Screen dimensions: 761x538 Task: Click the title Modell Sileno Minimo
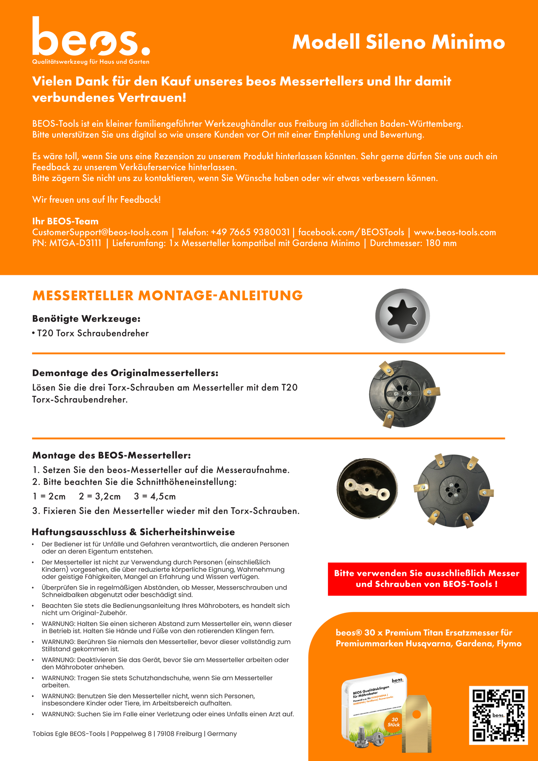(398, 42)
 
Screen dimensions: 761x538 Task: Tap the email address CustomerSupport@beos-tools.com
(100, 232)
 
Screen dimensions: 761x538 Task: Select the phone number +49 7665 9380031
(250, 232)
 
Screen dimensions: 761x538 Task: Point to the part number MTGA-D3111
(75, 243)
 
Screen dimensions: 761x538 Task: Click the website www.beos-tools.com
(455, 232)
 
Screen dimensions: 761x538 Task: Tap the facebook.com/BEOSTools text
(351, 232)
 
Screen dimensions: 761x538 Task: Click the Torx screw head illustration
(402, 316)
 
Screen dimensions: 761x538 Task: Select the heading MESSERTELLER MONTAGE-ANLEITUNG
(167, 295)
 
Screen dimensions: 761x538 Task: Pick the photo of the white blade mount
(367, 488)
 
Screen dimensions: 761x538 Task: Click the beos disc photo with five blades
(453, 491)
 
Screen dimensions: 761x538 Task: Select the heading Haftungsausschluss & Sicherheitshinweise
(133, 532)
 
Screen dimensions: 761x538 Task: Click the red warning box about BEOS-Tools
(427, 578)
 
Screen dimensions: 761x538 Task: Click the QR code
(498, 715)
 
